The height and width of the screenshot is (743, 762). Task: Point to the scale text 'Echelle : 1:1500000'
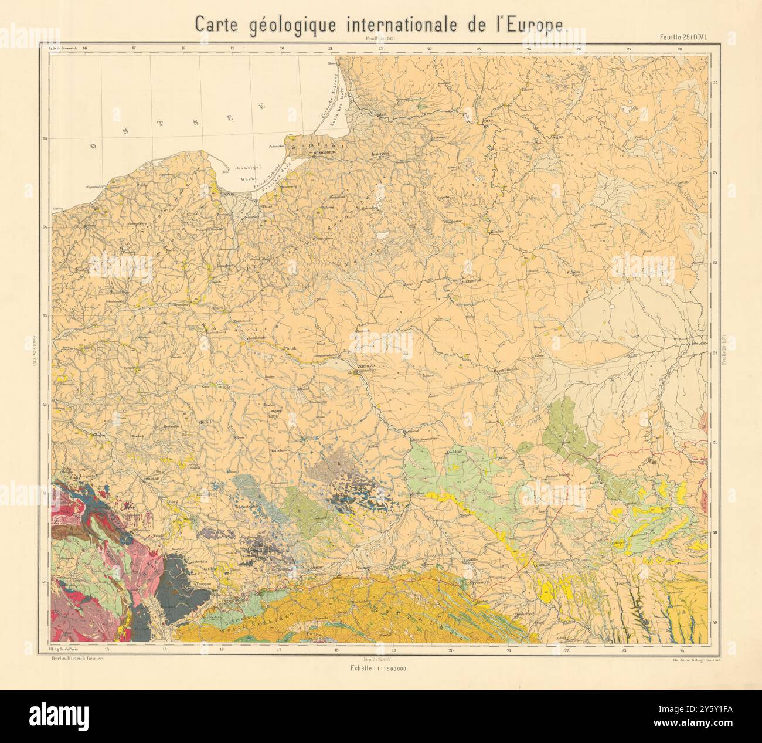(x=380, y=669)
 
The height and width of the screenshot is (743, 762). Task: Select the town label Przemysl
(x=482, y=584)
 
